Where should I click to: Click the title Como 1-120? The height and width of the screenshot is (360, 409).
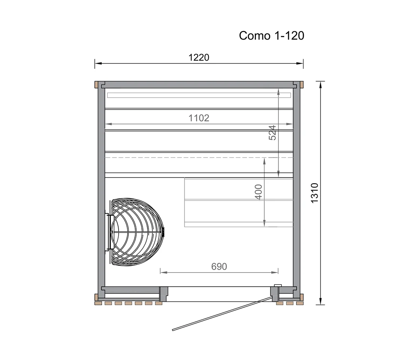(x=272, y=36)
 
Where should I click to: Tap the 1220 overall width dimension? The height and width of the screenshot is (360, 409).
(x=199, y=57)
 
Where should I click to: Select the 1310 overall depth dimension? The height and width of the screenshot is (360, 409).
(x=315, y=193)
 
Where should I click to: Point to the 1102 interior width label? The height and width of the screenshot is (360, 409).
(x=199, y=118)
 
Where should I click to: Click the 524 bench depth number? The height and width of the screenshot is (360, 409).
(x=272, y=133)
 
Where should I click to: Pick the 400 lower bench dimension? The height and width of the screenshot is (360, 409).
(x=258, y=192)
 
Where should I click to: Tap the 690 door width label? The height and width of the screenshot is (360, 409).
(x=219, y=267)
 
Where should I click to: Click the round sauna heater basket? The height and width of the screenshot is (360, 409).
(x=137, y=232)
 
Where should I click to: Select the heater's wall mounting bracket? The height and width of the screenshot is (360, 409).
(x=107, y=232)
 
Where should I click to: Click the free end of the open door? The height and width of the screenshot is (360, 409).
(x=173, y=330)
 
